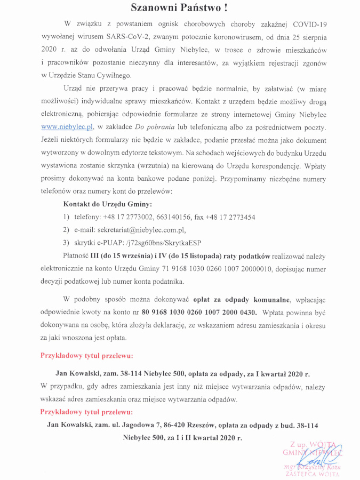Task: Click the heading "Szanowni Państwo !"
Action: (180, 7)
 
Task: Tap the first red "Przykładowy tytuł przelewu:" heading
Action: (87, 355)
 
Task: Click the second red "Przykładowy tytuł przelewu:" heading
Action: (87, 412)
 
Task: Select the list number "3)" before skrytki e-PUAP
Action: (67, 243)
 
